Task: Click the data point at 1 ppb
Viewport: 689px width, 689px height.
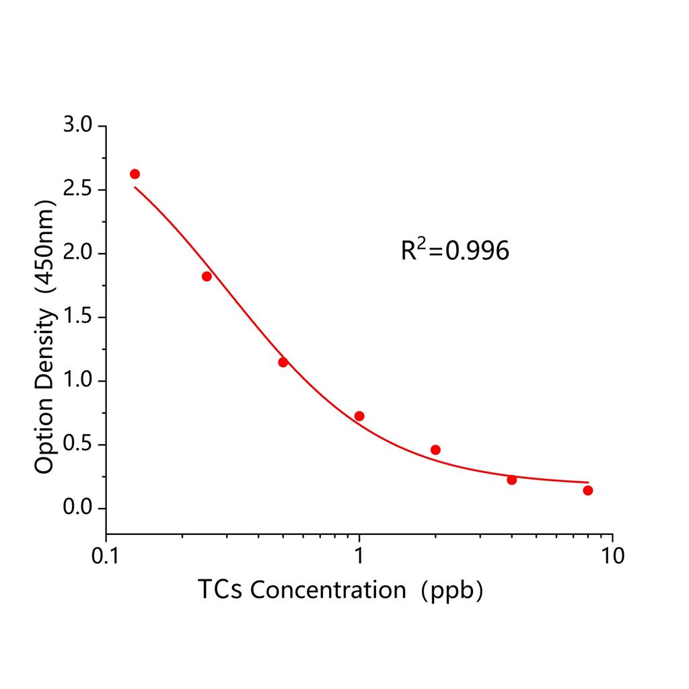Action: point(359,416)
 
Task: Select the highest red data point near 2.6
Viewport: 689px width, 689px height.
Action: point(135,174)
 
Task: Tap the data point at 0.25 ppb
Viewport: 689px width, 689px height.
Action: point(207,277)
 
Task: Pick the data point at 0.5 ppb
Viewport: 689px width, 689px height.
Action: point(283,362)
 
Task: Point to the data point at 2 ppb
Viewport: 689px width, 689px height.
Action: point(435,449)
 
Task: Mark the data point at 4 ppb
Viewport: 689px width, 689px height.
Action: point(511,480)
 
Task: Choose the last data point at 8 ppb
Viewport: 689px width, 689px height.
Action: point(588,491)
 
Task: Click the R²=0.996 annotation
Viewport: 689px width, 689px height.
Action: point(455,251)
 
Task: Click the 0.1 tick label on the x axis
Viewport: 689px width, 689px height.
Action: point(106,556)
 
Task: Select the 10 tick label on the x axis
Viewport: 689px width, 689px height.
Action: point(612,556)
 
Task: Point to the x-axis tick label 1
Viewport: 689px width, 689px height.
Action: point(359,556)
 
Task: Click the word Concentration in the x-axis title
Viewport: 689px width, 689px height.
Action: point(327,590)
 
